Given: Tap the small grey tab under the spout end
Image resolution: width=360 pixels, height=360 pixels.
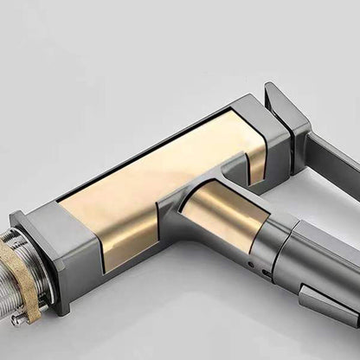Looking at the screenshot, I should tap(325, 303).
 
